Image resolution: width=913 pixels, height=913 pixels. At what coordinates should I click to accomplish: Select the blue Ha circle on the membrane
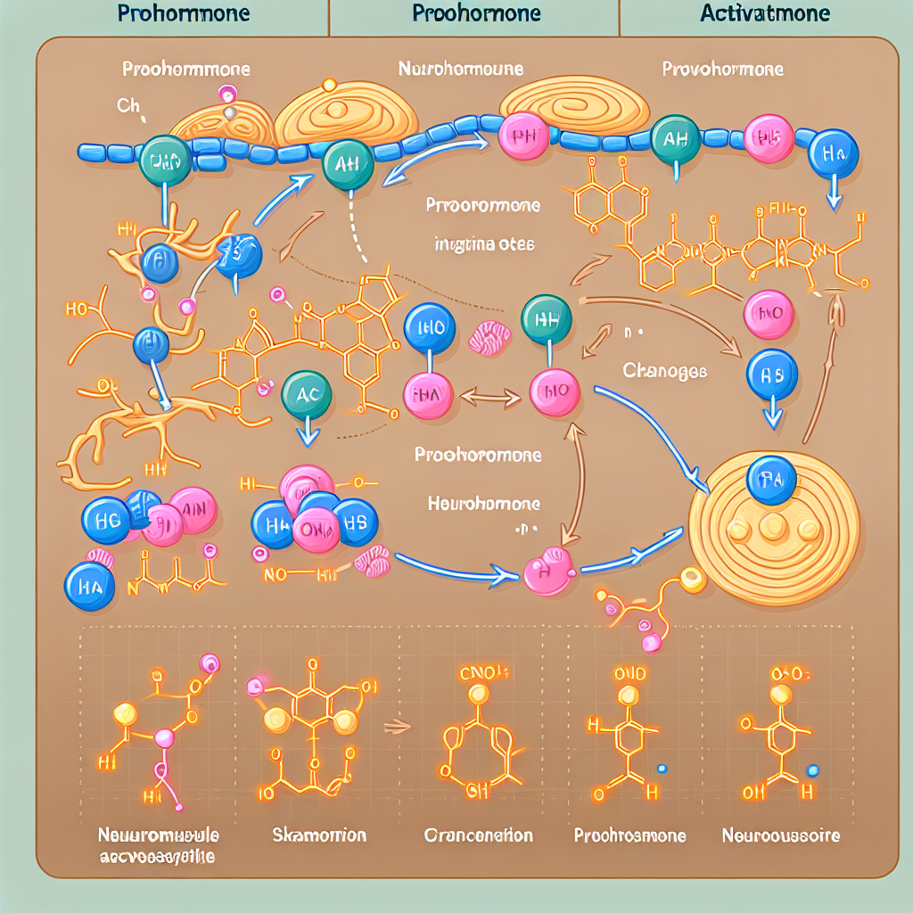click(833, 155)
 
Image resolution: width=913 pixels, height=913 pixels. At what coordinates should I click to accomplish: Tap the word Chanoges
click(665, 371)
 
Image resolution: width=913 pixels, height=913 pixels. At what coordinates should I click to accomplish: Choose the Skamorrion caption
click(318, 835)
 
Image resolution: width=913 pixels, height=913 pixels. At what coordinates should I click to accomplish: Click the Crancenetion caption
click(478, 835)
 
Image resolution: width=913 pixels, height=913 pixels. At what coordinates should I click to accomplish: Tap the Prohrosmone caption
click(629, 835)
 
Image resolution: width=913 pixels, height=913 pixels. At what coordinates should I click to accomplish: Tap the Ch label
click(128, 106)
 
